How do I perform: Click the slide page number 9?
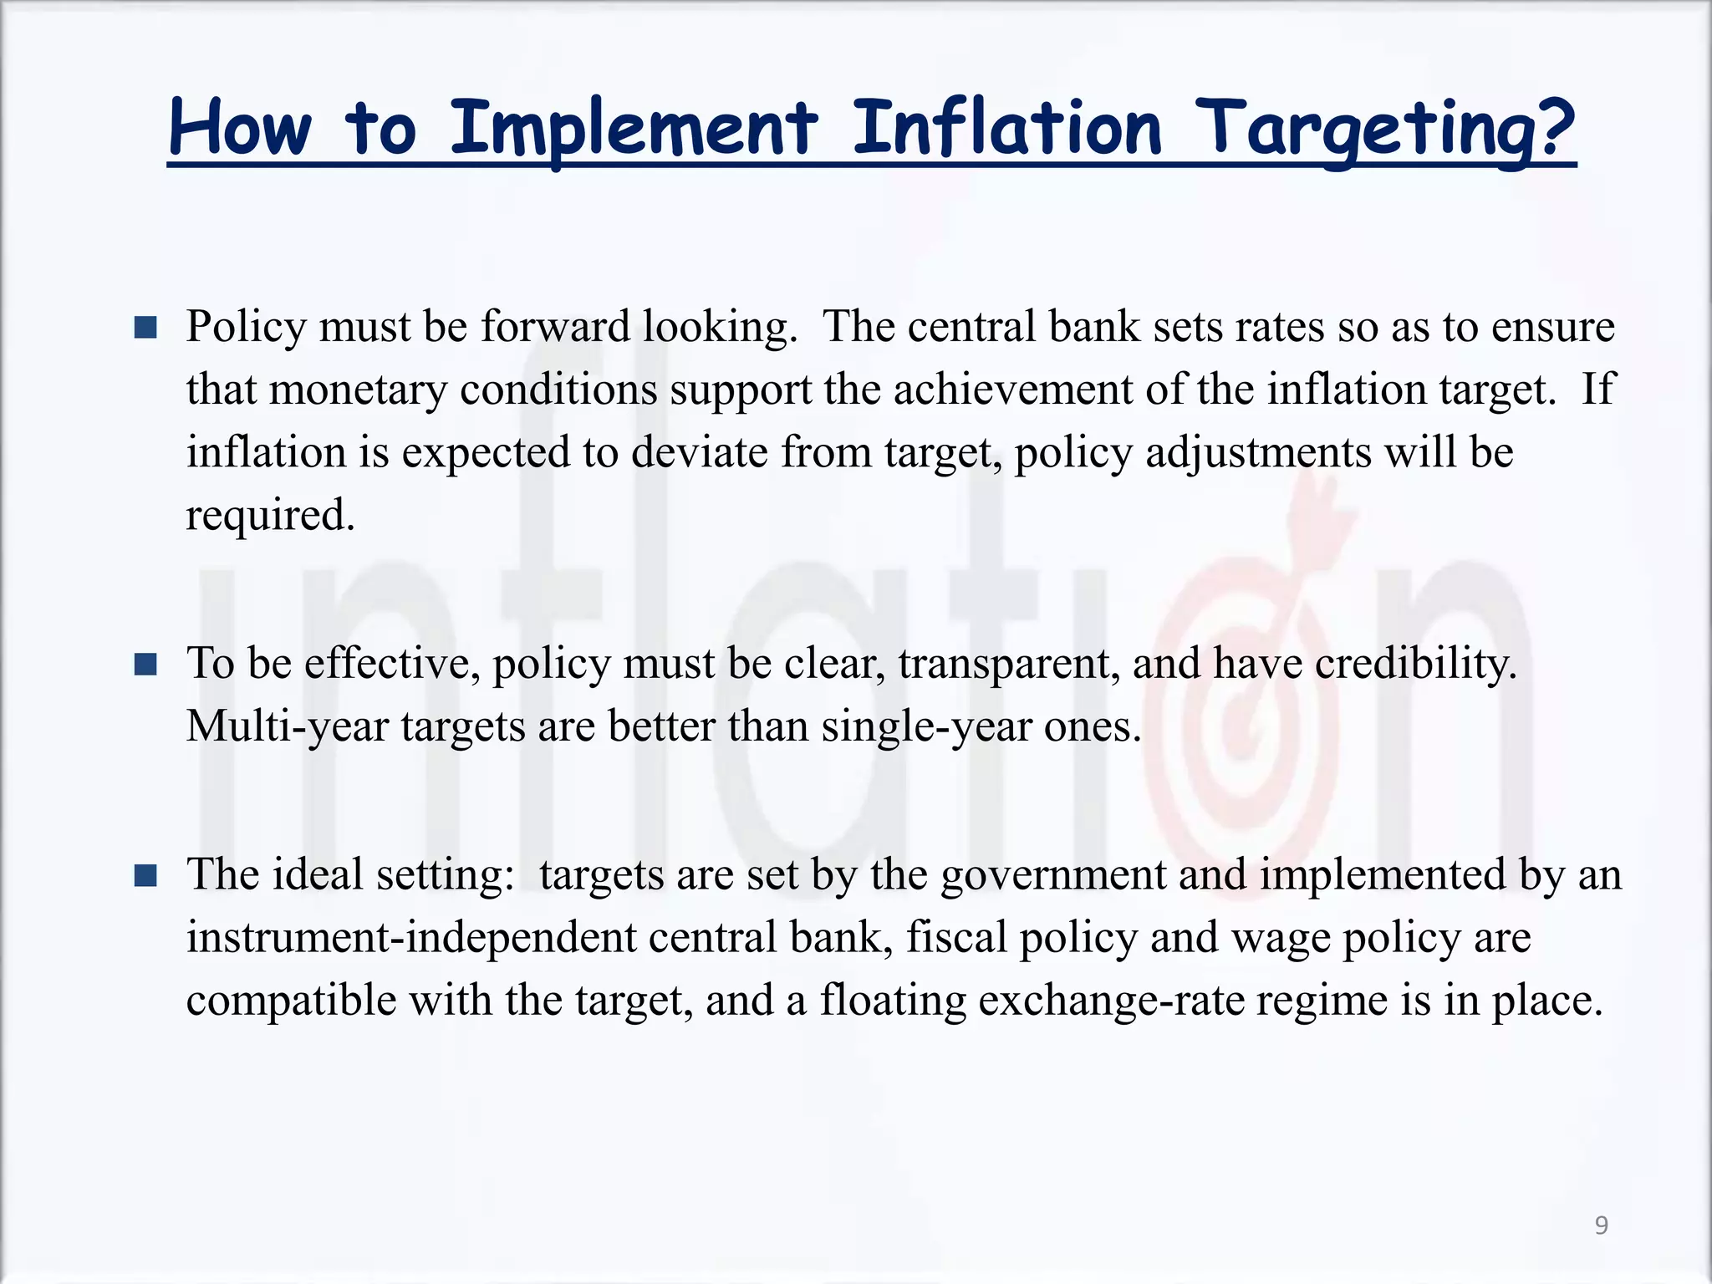coord(1601,1225)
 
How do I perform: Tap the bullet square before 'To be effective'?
coord(145,665)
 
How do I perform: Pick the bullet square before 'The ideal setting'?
coord(145,875)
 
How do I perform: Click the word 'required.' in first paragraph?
coord(270,515)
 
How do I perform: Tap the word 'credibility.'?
coord(1415,664)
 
